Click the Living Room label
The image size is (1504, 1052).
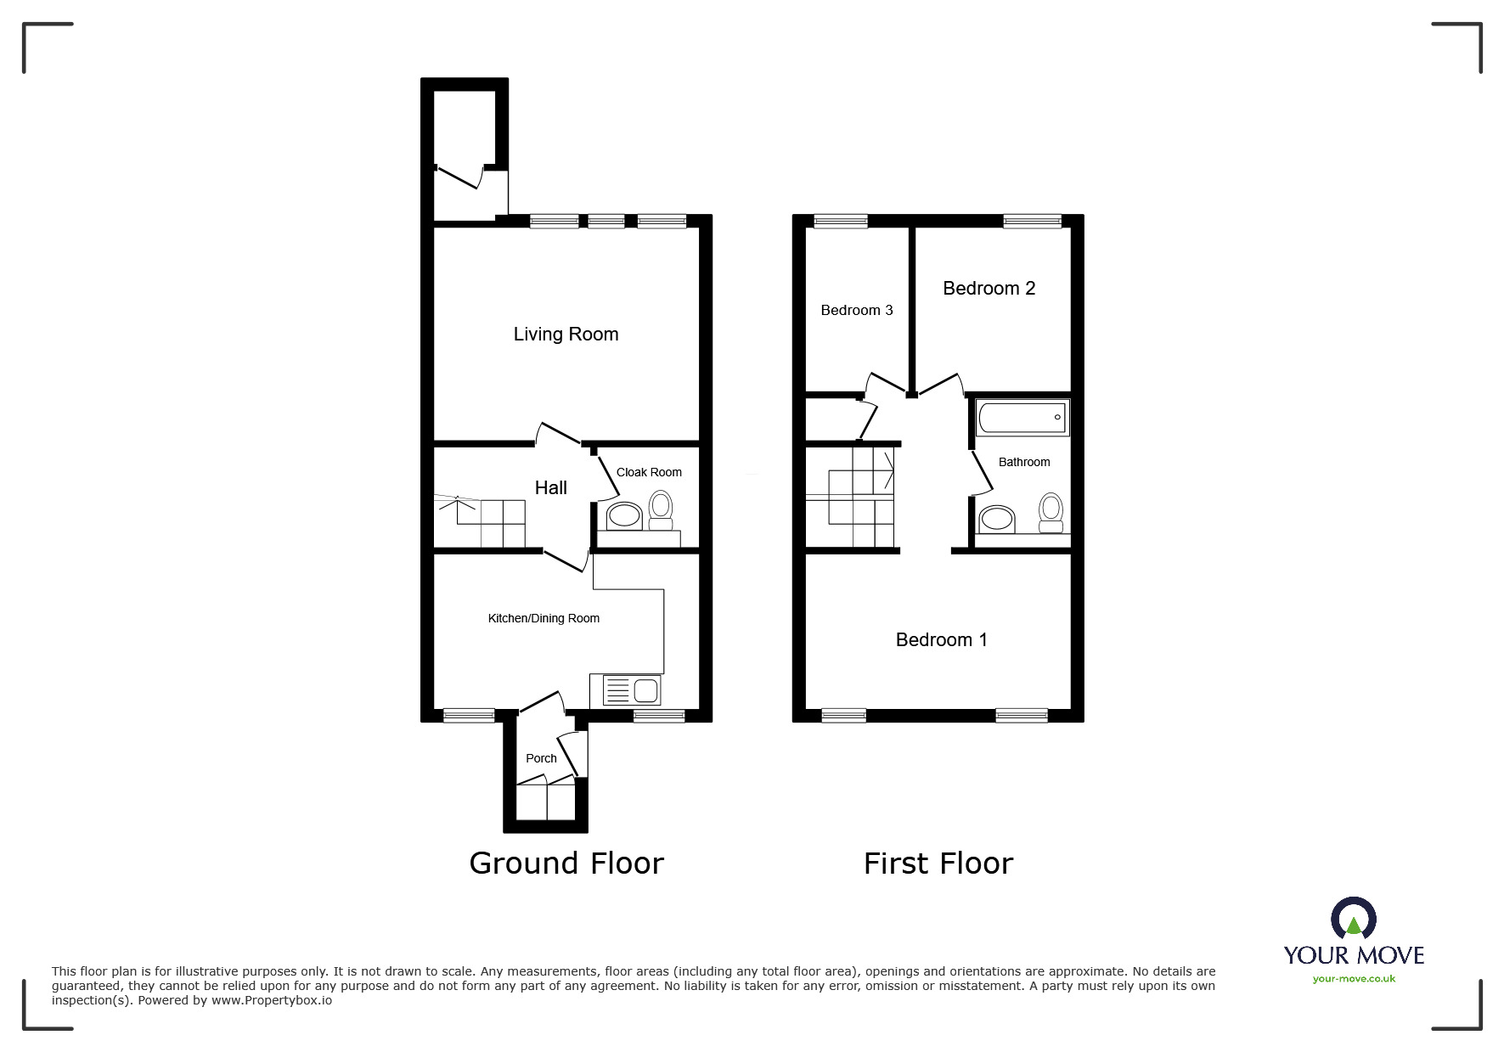pos(566,335)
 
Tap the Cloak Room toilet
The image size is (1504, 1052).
pos(660,509)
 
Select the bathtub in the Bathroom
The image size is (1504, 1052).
pos(1022,418)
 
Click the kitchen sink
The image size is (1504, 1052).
pos(631,689)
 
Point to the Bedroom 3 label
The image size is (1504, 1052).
pos(856,311)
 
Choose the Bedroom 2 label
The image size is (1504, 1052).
pos(989,289)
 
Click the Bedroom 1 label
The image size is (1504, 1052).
pos(941,640)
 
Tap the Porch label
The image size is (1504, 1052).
pos(541,759)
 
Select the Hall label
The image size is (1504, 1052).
pos(550,488)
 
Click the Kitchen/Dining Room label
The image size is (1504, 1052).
pos(544,619)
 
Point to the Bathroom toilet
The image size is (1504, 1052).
pos(1051,512)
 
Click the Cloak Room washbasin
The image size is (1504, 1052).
pos(624,515)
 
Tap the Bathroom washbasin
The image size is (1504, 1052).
pos(996,519)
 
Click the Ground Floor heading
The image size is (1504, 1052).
pos(566,864)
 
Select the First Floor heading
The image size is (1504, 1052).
pos(938,864)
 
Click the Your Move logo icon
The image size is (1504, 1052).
pos(1353,919)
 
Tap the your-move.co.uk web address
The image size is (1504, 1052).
pos(1354,979)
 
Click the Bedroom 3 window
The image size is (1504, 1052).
pos(840,222)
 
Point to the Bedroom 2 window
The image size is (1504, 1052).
pos(1032,222)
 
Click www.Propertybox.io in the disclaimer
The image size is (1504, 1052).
pos(271,1001)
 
